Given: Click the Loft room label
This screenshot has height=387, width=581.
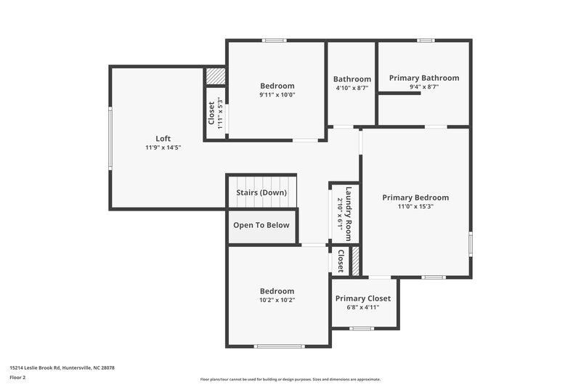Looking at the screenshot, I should (x=163, y=138).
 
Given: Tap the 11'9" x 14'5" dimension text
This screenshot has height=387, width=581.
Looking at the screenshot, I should (x=163, y=147).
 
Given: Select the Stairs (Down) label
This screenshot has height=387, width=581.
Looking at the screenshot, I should (x=261, y=192).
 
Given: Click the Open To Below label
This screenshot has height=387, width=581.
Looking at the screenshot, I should (x=261, y=225).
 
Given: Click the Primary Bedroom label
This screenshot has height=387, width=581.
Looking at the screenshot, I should (x=415, y=197).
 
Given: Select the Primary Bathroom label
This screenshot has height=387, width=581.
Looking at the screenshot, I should (x=424, y=78).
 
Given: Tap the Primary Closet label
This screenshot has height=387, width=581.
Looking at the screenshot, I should (x=363, y=298).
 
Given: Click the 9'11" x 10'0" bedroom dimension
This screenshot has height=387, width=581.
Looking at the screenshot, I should (x=277, y=94).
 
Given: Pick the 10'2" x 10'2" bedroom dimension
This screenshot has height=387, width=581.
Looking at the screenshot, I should (x=277, y=299).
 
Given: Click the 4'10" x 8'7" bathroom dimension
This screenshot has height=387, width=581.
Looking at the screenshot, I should (x=352, y=87).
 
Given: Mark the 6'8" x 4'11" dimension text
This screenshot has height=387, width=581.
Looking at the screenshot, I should (x=363, y=307).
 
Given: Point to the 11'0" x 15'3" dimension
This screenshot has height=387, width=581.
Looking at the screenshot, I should (x=415, y=206).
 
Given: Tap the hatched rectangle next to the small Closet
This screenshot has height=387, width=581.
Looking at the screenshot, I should (x=356, y=261).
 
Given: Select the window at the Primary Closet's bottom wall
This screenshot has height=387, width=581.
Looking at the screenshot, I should (x=362, y=328).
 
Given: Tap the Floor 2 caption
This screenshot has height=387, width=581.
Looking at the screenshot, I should (x=18, y=378).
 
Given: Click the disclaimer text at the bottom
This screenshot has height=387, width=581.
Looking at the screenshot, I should (x=290, y=379).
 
